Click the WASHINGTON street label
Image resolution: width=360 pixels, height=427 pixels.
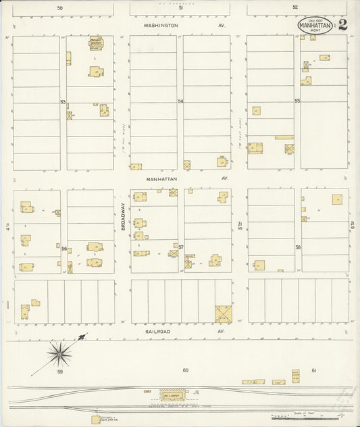[x=160, y=25]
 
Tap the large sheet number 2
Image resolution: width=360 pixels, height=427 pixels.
[x=343, y=26]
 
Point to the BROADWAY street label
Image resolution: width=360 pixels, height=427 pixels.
[x=123, y=218]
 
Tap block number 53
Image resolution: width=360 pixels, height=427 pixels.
[x=63, y=102]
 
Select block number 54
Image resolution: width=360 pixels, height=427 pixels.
[x=180, y=101]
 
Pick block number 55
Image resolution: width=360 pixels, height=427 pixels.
[x=297, y=101]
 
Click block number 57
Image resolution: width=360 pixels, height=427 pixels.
[x=181, y=248]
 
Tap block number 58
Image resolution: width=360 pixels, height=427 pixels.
[x=297, y=248]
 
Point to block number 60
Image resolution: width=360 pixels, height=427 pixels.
[x=184, y=370]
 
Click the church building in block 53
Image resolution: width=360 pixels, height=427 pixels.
[x=96, y=45]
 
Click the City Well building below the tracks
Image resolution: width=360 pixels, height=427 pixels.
[x=96, y=420]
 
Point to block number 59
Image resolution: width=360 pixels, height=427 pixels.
[x=59, y=372]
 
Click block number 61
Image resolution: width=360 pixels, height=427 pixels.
[x=314, y=370]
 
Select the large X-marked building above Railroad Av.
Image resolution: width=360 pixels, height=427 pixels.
[x=222, y=313]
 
